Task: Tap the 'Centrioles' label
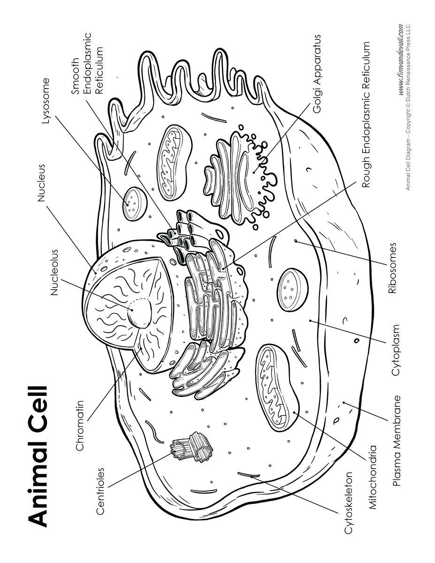(x=100, y=491)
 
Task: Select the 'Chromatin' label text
(x=80, y=426)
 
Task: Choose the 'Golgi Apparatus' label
(x=318, y=74)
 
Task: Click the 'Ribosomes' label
(x=393, y=267)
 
